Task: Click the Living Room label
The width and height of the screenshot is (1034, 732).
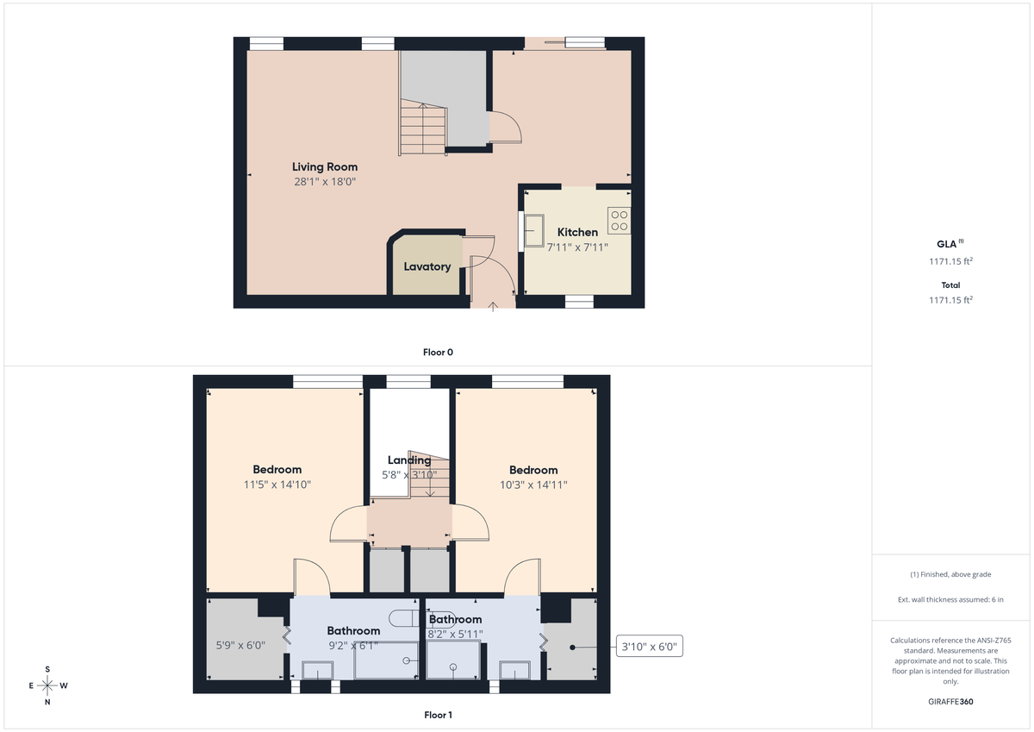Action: [324, 167]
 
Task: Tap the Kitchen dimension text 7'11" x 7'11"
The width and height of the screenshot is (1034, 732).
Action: [577, 247]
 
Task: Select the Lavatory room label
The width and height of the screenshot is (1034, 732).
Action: [427, 267]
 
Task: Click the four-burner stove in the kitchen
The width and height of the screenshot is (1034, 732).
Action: [619, 221]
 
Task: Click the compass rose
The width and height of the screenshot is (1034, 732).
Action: [47, 686]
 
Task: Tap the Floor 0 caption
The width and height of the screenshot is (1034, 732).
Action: [438, 352]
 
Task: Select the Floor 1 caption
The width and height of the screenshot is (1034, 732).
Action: [438, 715]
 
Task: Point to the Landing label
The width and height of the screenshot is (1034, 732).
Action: [409, 460]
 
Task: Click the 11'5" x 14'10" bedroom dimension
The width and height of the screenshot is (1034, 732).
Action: [277, 485]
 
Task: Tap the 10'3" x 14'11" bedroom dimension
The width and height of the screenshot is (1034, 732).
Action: [533, 485]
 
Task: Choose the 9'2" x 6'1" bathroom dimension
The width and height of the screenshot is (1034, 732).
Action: [352, 644]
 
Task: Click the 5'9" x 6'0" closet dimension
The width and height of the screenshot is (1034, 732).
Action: [240, 644]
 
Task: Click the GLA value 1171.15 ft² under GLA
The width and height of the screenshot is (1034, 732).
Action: [950, 260]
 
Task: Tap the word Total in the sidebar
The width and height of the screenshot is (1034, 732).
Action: [950, 285]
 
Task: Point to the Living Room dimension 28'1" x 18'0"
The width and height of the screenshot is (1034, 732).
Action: [324, 182]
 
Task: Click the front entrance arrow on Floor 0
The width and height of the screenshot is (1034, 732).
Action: [493, 305]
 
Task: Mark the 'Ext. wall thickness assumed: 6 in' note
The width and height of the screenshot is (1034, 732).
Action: [950, 598]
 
